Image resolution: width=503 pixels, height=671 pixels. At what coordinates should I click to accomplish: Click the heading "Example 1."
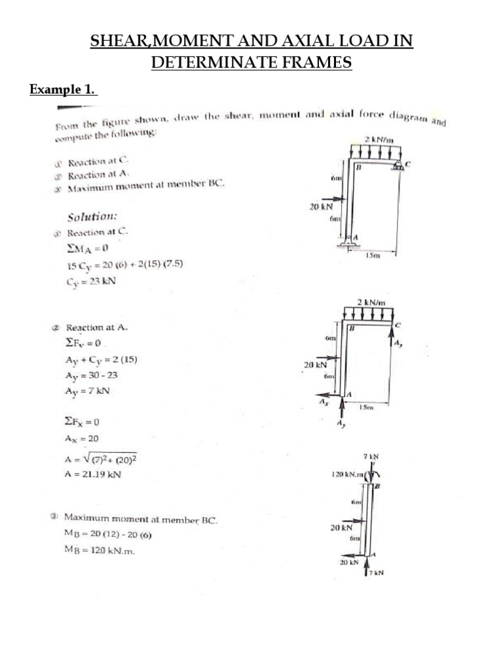[x=63, y=90]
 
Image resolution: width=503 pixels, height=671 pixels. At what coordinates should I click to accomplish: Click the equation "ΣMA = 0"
[x=86, y=249]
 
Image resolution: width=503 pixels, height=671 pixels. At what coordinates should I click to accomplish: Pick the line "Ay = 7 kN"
[x=88, y=391]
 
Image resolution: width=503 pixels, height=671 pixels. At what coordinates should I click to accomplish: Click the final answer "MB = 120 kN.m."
[x=99, y=551]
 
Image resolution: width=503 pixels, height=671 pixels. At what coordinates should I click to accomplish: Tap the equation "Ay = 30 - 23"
[x=92, y=375]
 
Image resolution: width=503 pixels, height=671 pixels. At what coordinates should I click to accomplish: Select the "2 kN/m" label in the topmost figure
[x=379, y=140]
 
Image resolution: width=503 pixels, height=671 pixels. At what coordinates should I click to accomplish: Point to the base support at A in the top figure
[x=347, y=245]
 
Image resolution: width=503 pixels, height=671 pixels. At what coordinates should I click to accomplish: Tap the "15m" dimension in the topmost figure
[x=372, y=256]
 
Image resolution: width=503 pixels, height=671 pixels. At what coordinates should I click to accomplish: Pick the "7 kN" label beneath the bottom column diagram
[x=376, y=573]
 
